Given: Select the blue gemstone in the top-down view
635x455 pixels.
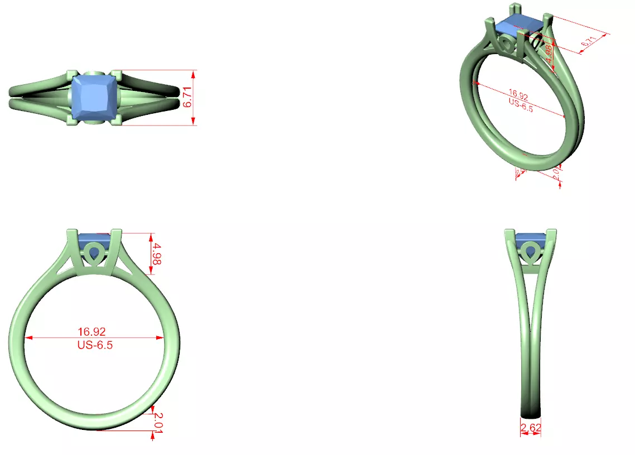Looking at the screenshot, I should coord(95,98).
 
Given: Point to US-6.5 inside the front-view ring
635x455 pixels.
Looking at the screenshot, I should coord(95,345).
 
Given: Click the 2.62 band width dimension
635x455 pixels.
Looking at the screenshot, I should coord(530,428).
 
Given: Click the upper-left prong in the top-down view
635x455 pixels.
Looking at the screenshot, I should coord(71,75).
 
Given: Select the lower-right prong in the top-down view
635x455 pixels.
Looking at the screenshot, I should coord(118,121).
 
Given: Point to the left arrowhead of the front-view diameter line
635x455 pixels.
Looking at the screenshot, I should coord(27,337).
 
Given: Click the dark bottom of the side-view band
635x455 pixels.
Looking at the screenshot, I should coord(530,412).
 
